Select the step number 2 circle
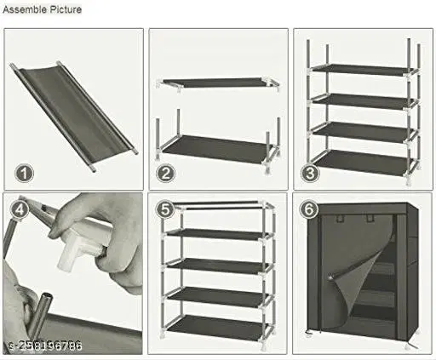pyautogui.click(x=166, y=174)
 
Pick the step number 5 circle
pyautogui.click(x=165, y=209)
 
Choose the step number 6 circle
pyautogui.click(x=310, y=209)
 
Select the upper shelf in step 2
pyautogui.click(x=217, y=81)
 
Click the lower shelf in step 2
pyautogui.click(x=217, y=146)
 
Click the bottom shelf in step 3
pyautogui.click(x=362, y=159)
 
